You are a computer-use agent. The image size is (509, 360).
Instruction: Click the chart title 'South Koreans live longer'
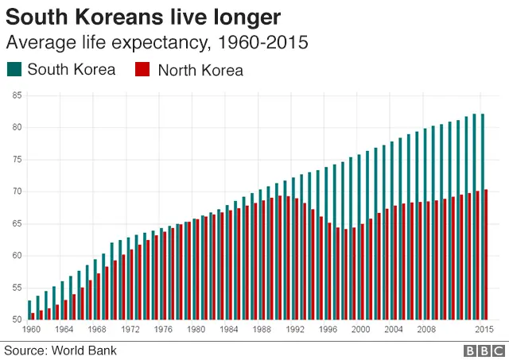coord(143,15)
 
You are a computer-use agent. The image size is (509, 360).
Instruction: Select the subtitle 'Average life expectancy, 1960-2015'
coord(157,41)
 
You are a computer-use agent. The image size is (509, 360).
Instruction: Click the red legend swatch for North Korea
coord(144,69)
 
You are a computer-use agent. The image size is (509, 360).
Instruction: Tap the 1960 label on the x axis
coord(32,329)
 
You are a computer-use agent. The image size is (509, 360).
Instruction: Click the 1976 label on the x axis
coord(163,329)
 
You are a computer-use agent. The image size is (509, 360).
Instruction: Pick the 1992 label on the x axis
coord(295,329)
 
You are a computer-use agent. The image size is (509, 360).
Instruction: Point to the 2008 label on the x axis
coord(426,329)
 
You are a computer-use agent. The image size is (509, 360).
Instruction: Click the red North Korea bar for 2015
coord(486,254)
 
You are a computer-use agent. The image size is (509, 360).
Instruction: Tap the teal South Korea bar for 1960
coord(29,310)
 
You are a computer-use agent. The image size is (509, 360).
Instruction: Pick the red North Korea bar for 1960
coord(33,316)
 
